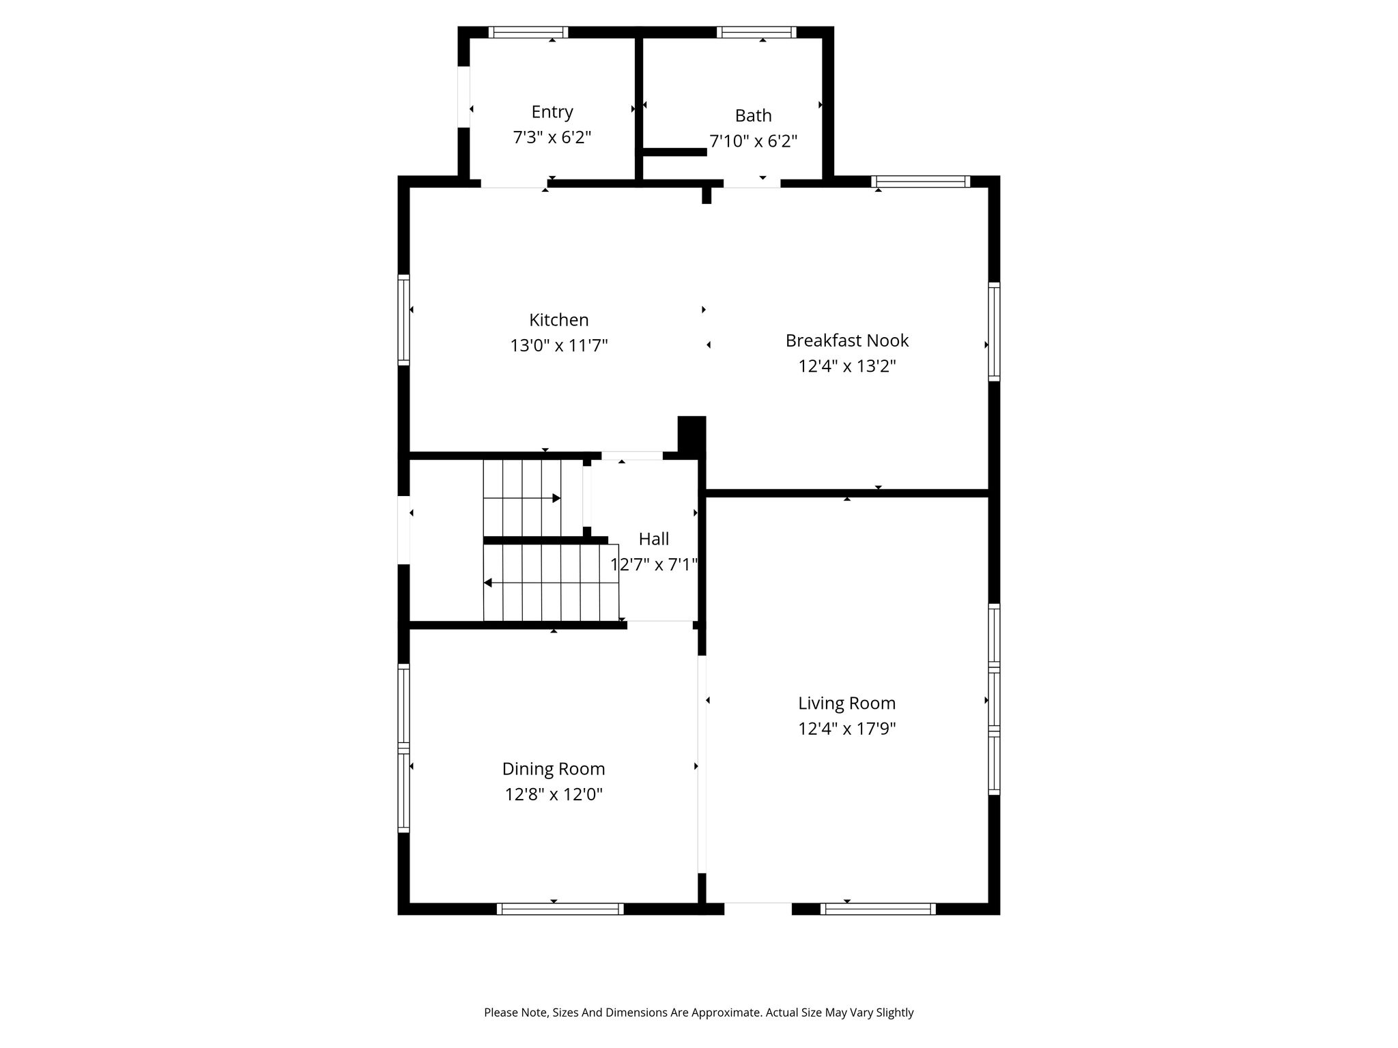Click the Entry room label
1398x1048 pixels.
point(552,112)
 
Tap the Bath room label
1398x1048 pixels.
point(754,115)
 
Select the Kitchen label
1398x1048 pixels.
point(559,320)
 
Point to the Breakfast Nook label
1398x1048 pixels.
point(847,340)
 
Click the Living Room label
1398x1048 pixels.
point(847,703)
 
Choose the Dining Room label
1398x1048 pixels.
point(554,769)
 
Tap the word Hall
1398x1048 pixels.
point(654,539)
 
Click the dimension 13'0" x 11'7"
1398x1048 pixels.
point(559,346)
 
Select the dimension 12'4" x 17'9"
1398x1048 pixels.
point(847,729)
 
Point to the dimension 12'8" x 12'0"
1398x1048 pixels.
point(554,795)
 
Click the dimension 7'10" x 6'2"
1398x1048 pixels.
point(754,141)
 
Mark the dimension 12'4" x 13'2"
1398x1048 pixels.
point(847,366)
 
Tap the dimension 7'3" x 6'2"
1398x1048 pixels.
point(552,138)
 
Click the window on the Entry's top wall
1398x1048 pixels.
point(528,32)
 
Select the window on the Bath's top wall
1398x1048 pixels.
point(756,32)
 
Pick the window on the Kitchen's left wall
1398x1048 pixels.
point(404,320)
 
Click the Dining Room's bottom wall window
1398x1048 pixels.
point(560,909)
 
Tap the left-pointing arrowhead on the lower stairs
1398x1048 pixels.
point(487,583)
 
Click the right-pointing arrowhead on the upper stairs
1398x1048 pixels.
point(556,499)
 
